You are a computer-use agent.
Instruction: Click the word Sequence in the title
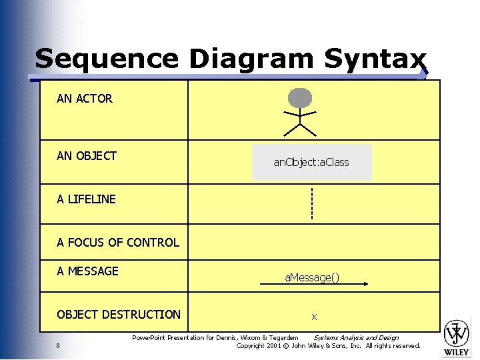pyautogui.click(x=107, y=59)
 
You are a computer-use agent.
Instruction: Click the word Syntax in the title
pyautogui.click(x=375, y=59)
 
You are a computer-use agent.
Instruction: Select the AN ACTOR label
pyautogui.click(x=85, y=99)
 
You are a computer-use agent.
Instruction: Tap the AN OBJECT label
pyautogui.click(x=87, y=156)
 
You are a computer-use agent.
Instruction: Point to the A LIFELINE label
pyautogui.click(x=86, y=199)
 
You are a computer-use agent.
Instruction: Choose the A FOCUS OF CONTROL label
pyautogui.click(x=118, y=243)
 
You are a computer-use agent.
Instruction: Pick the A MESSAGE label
pyautogui.click(x=87, y=271)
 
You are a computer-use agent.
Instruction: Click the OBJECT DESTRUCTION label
pyautogui.click(x=119, y=315)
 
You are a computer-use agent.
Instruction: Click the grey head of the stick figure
pyautogui.click(x=300, y=98)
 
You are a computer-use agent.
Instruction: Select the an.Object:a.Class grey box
pyautogui.click(x=311, y=162)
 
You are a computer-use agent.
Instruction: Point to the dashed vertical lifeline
pyautogui.click(x=311, y=204)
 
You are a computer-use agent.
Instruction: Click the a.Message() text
pyautogui.click(x=312, y=277)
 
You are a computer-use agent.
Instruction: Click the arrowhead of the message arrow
pyautogui.click(x=365, y=285)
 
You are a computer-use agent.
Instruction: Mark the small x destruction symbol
pyautogui.click(x=314, y=317)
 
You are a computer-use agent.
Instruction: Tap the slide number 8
pyautogui.click(x=59, y=345)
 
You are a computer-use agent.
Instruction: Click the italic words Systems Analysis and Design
pyautogui.click(x=356, y=338)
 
